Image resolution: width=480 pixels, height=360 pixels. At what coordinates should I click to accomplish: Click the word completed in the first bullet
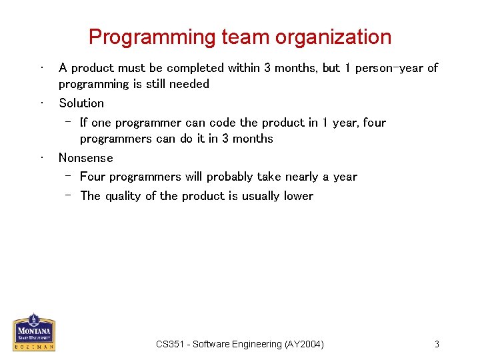coord(196,68)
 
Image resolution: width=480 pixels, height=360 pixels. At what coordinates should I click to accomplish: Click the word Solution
coord(81,103)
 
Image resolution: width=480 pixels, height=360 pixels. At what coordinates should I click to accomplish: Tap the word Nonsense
coord(86,158)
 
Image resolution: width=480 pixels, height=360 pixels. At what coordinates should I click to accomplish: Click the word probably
coord(230,177)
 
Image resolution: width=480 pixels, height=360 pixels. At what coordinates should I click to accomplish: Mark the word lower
coord(298,196)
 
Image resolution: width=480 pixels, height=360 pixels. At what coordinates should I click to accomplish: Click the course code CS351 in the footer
coord(171,344)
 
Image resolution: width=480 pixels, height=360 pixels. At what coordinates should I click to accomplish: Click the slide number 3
coord(437,344)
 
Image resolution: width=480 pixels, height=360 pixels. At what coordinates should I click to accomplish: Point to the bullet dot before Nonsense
coord(41,158)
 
